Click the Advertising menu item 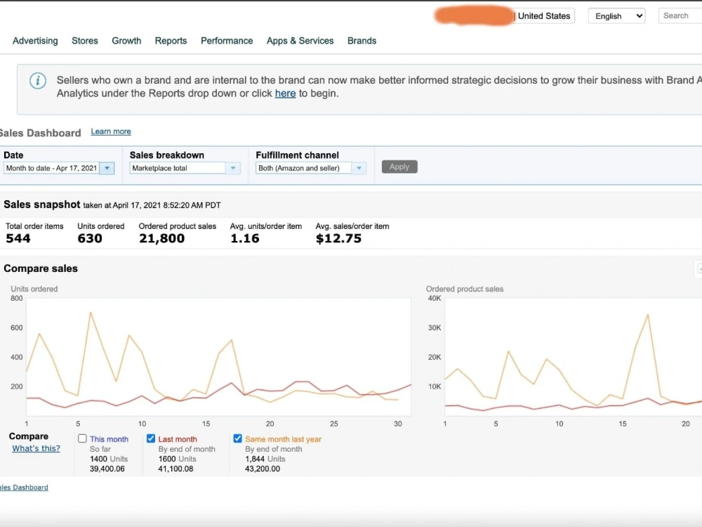pos(35,41)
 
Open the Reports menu pos(171,41)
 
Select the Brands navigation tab pos(362,41)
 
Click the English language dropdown pos(616,16)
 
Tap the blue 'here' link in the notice pos(285,93)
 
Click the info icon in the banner pos(38,81)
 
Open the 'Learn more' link pos(111,131)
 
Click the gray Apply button pos(399,167)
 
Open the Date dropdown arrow pos(107,168)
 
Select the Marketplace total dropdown pos(185,168)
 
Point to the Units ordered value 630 pos(90,238)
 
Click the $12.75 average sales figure pos(338,238)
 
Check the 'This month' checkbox pos(82,438)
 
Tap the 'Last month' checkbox pos(151,438)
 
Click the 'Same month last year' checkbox pos(238,438)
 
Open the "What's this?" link pos(36,448)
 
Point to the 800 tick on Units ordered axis pos(17,299)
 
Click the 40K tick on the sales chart pos(435,299)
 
